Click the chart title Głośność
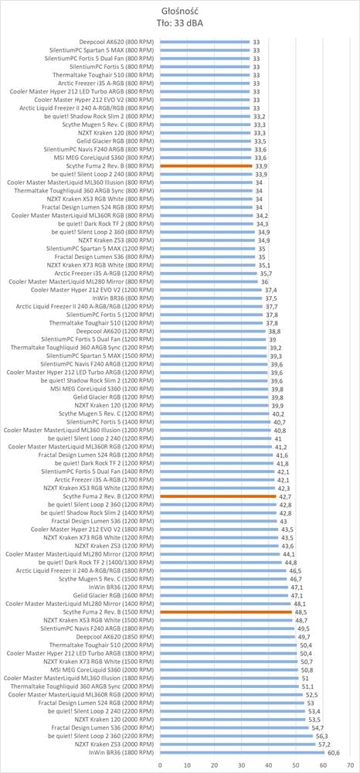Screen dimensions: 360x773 (x=180, y=12)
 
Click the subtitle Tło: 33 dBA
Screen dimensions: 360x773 (x=180, y=22)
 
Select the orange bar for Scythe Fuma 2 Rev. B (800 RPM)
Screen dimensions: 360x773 (x=206, y=166)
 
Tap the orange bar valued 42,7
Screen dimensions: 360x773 (x=218, y=496)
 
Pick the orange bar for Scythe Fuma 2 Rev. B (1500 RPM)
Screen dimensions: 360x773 (x=226, y=611)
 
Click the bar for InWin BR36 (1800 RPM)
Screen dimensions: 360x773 (x=243, y=752)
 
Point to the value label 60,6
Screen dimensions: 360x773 (x=333, y=752)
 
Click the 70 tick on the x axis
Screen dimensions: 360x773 (x=350, y=765)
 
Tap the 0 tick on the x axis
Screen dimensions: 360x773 (x=160, y=765)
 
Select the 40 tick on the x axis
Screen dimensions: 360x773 (x=269, y=765)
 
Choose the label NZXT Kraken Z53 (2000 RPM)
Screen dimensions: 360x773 (x=114, y=744)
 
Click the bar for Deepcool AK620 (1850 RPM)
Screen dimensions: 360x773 (x=228, y=636)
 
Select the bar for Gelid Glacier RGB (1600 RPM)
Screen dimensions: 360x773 (x=224, y=595)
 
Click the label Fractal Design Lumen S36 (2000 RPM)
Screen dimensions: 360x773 (x=103, y=727)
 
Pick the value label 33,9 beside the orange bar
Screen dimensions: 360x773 (x=260, y=166)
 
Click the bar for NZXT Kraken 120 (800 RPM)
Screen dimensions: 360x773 (x=205, y=133)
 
